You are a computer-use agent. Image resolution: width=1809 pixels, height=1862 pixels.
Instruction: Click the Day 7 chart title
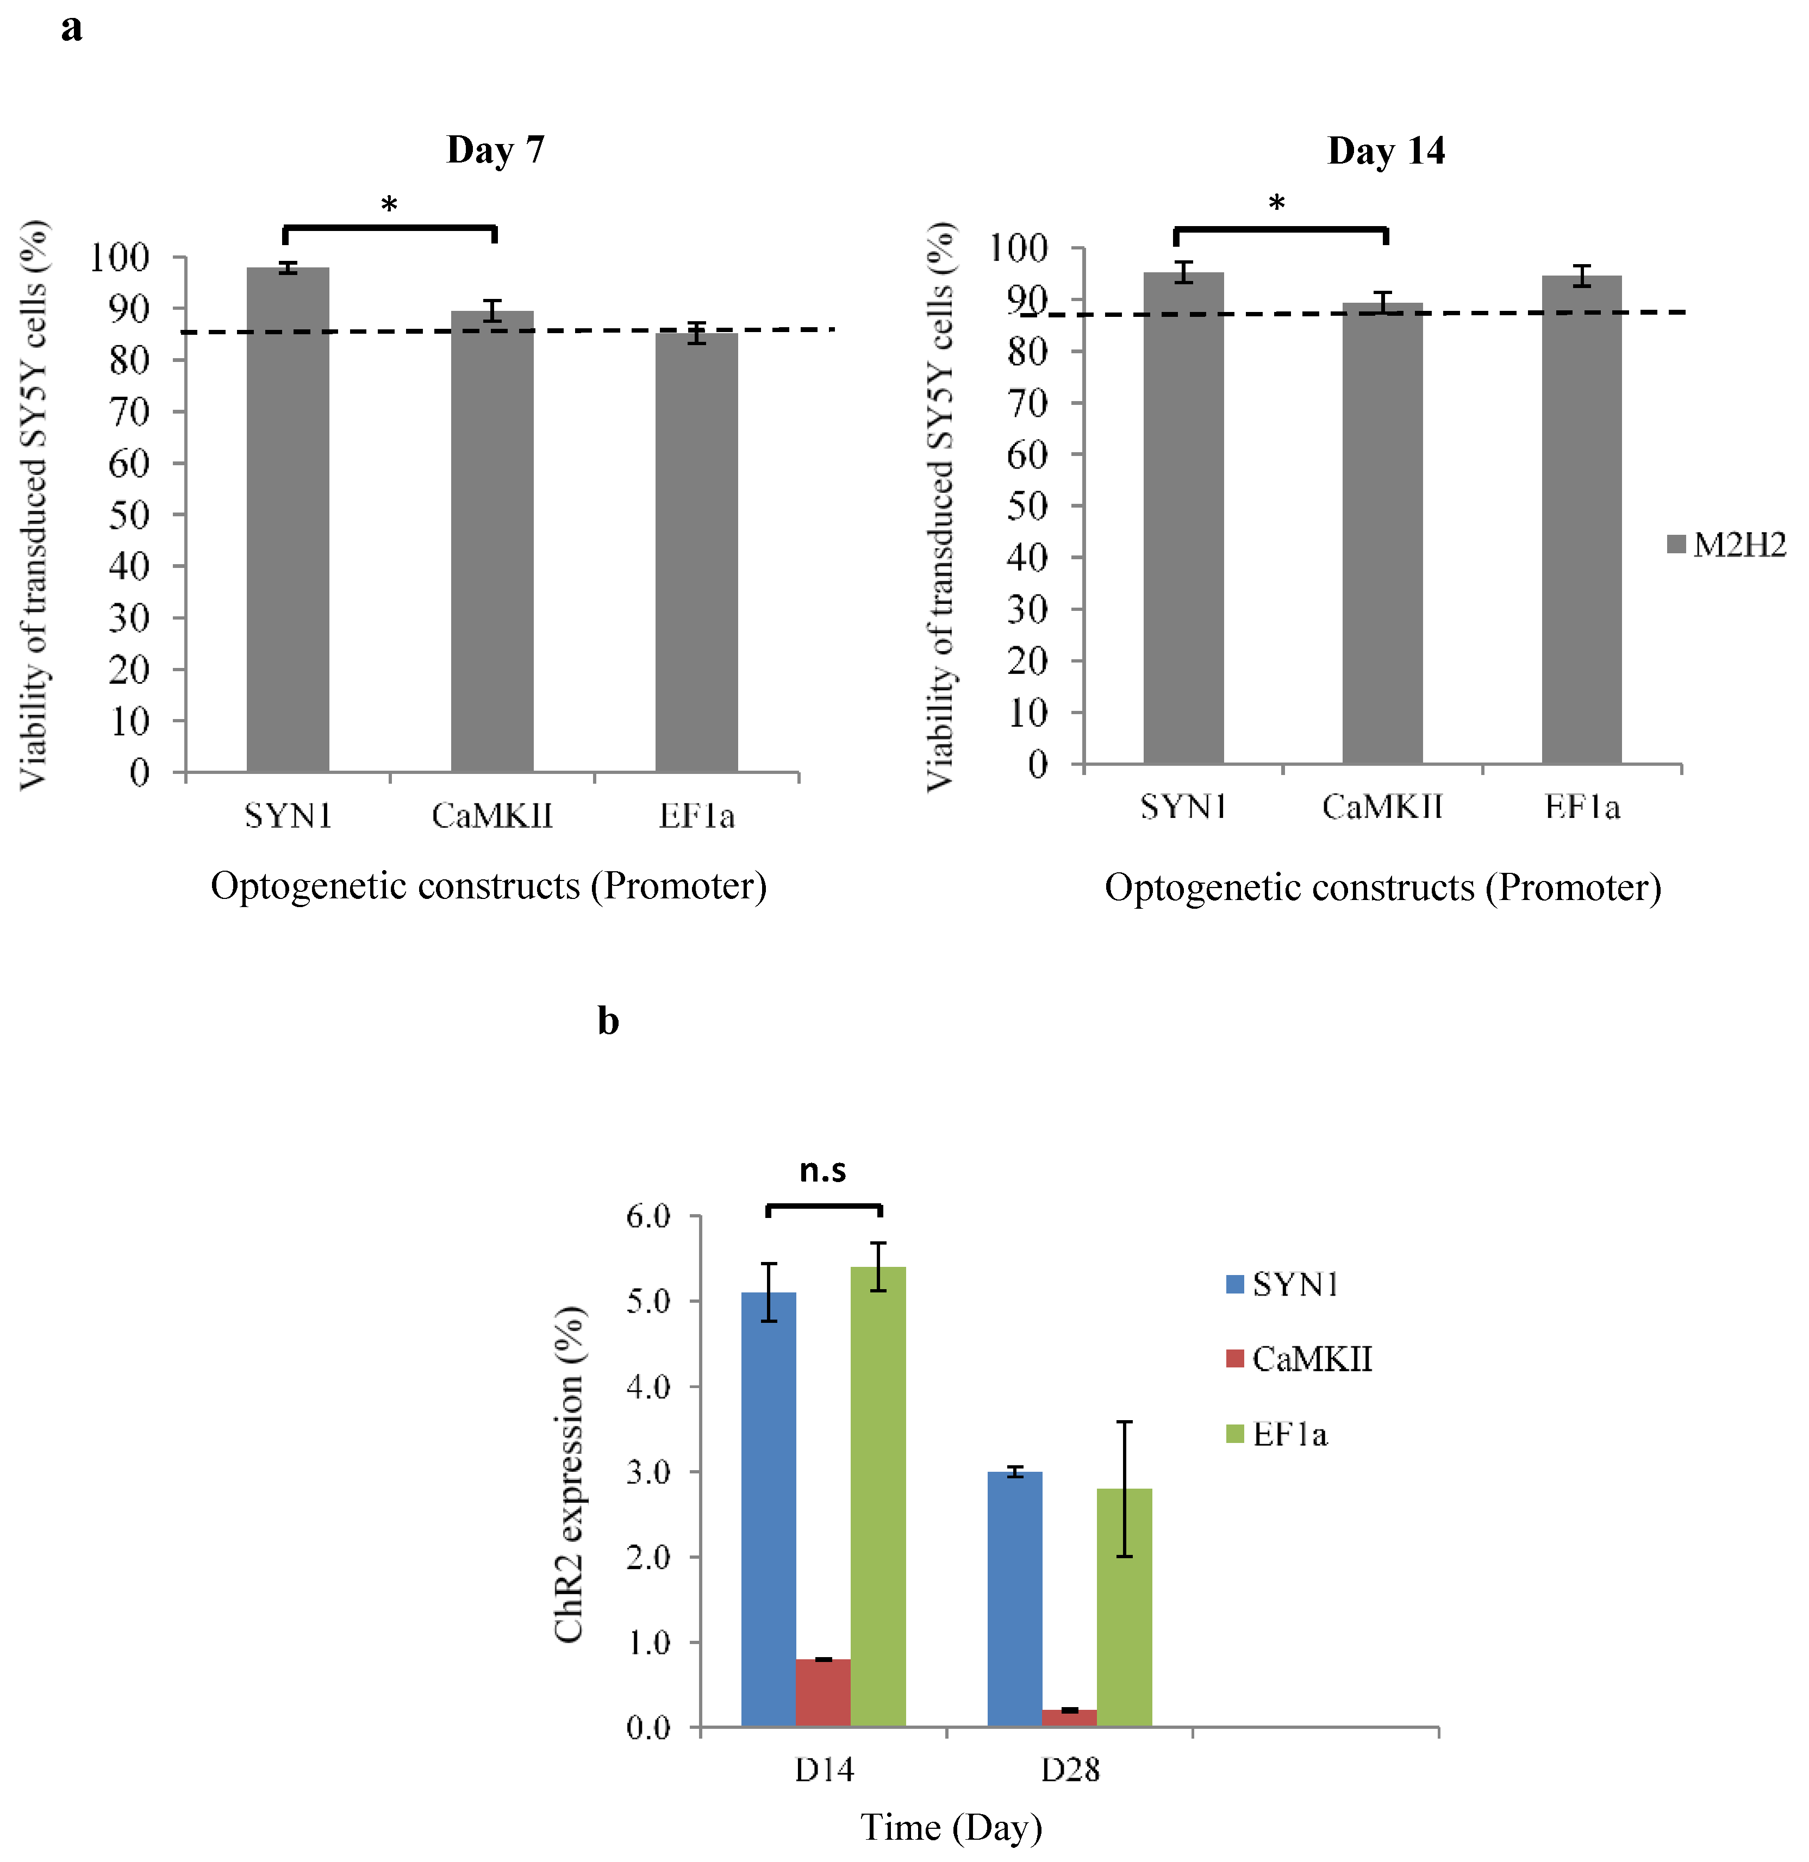coord(495,150)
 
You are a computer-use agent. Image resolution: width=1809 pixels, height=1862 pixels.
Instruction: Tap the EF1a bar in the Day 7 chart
coord(696,551)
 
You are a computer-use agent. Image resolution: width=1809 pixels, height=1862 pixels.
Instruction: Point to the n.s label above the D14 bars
coord(823,1170)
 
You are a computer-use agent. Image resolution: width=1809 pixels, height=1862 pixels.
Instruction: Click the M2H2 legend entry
coord(1727,545)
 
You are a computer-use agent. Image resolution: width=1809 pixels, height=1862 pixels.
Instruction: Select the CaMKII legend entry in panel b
coord(1300,1359)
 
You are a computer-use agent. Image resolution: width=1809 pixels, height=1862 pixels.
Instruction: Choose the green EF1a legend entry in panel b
coord(1278,1434)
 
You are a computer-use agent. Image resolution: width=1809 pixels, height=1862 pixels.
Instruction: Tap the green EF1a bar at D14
coord(878,1496)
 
